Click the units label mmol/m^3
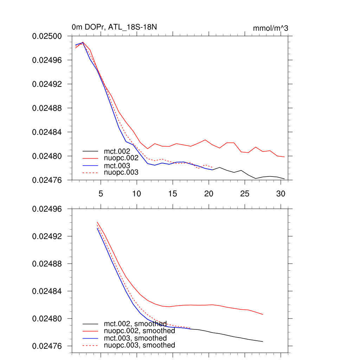coord(270,28)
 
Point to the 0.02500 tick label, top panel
coord(47,36)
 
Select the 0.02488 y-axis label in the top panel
coord(47,108)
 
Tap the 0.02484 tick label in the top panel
coord(47,132)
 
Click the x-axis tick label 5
coord(101,193)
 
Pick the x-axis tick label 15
coord(173,193)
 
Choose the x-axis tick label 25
coord(245,193)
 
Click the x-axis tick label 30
coord(281,193)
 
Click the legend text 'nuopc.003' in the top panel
coord(121,172)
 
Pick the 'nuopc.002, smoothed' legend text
coord(139,331)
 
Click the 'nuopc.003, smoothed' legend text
coord(139,345)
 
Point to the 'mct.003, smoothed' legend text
coord(135,338)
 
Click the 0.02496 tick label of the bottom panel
coord(47,209)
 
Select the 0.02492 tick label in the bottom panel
coord(47,236)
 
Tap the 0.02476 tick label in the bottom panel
coord(47,346)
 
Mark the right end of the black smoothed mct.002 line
coord(263,341)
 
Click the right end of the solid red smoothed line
coord(263,314)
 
